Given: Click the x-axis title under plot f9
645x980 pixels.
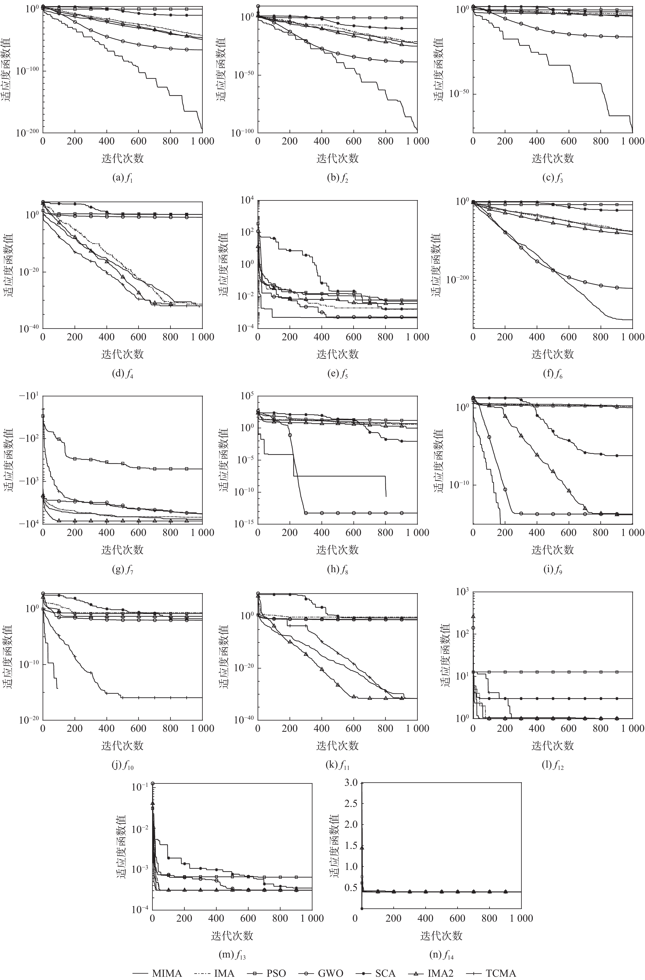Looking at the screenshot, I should coord(552,550).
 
